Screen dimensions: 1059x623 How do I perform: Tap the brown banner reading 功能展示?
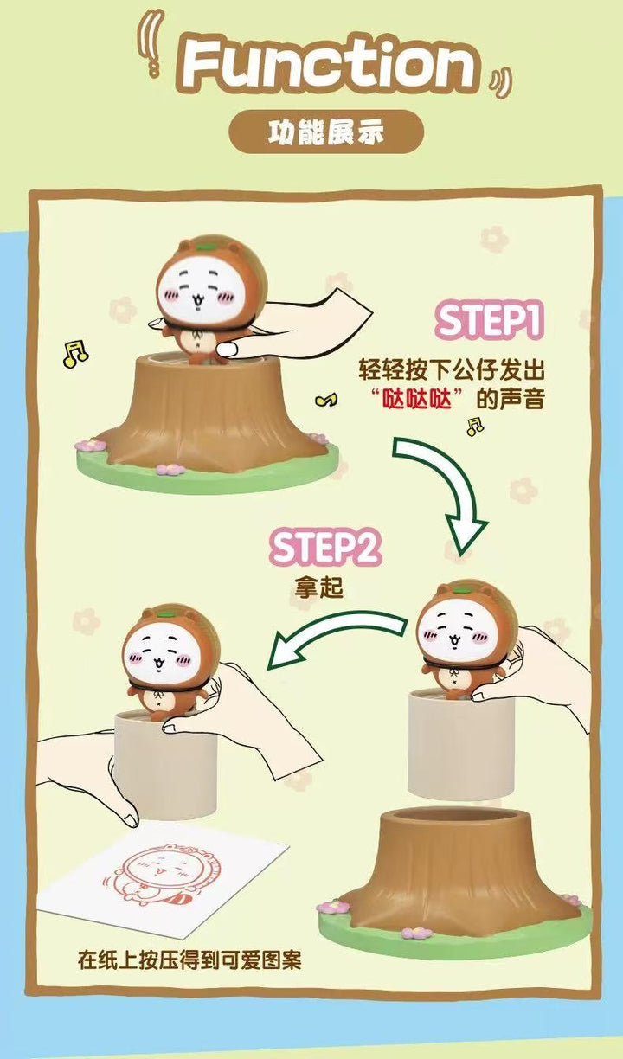(x=326, y=134)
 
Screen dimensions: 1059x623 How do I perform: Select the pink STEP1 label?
(x=489, y=321)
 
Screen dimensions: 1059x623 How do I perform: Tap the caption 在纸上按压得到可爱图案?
(x=189, y=960)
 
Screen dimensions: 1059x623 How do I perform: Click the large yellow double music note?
(x=75, y=352)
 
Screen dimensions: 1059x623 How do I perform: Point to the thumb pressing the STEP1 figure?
(x=229, y=349)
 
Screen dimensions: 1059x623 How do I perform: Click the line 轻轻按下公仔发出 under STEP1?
(x=453, y=371)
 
